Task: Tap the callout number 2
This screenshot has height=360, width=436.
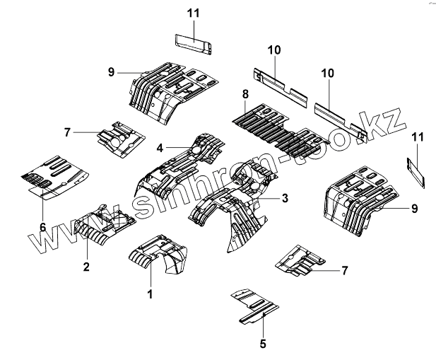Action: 86,266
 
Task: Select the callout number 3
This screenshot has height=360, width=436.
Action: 284,199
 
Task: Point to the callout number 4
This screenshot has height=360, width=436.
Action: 160,147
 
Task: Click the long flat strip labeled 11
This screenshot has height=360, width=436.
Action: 195,42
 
